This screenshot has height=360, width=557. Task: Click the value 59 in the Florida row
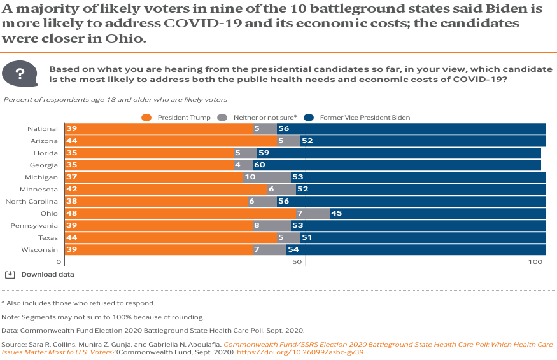click(264, 153)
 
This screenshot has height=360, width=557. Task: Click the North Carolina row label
click(31, 201)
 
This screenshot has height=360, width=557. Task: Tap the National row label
click(43, 128)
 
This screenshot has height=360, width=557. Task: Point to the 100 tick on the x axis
click(537, 262)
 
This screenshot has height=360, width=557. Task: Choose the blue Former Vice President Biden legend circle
click(309, 118)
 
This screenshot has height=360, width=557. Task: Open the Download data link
click(47, 275)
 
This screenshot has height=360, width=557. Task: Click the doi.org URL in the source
click(309, 352)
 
